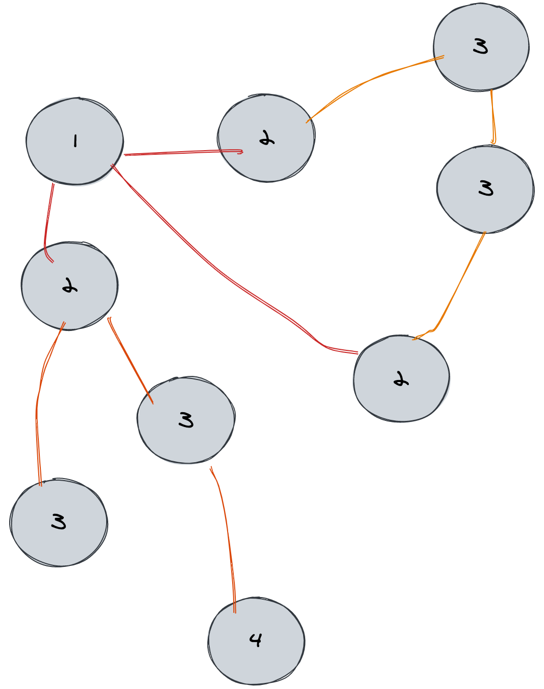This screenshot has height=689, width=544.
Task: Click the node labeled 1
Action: pos(75,140)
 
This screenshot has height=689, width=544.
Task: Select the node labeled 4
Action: pos(256,640)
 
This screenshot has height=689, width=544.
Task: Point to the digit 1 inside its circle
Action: pos(75,140)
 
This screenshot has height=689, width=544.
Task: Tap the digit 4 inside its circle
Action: pos(256,639)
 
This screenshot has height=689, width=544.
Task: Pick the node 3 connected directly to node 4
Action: pos(186,420)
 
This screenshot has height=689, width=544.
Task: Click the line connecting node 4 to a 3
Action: pos(227,536)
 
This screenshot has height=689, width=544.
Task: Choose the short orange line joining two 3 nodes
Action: pos(492,117)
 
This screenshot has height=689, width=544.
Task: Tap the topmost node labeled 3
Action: pos(481,47)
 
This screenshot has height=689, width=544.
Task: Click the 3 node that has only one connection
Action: pos(59,522)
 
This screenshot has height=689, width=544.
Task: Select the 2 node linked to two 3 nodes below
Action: pos(70,286)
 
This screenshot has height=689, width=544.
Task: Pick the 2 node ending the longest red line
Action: pos(401,378)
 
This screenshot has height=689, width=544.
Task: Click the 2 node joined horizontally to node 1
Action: pos(266,138)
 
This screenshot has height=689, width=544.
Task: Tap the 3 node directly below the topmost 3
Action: pos(485,189)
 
